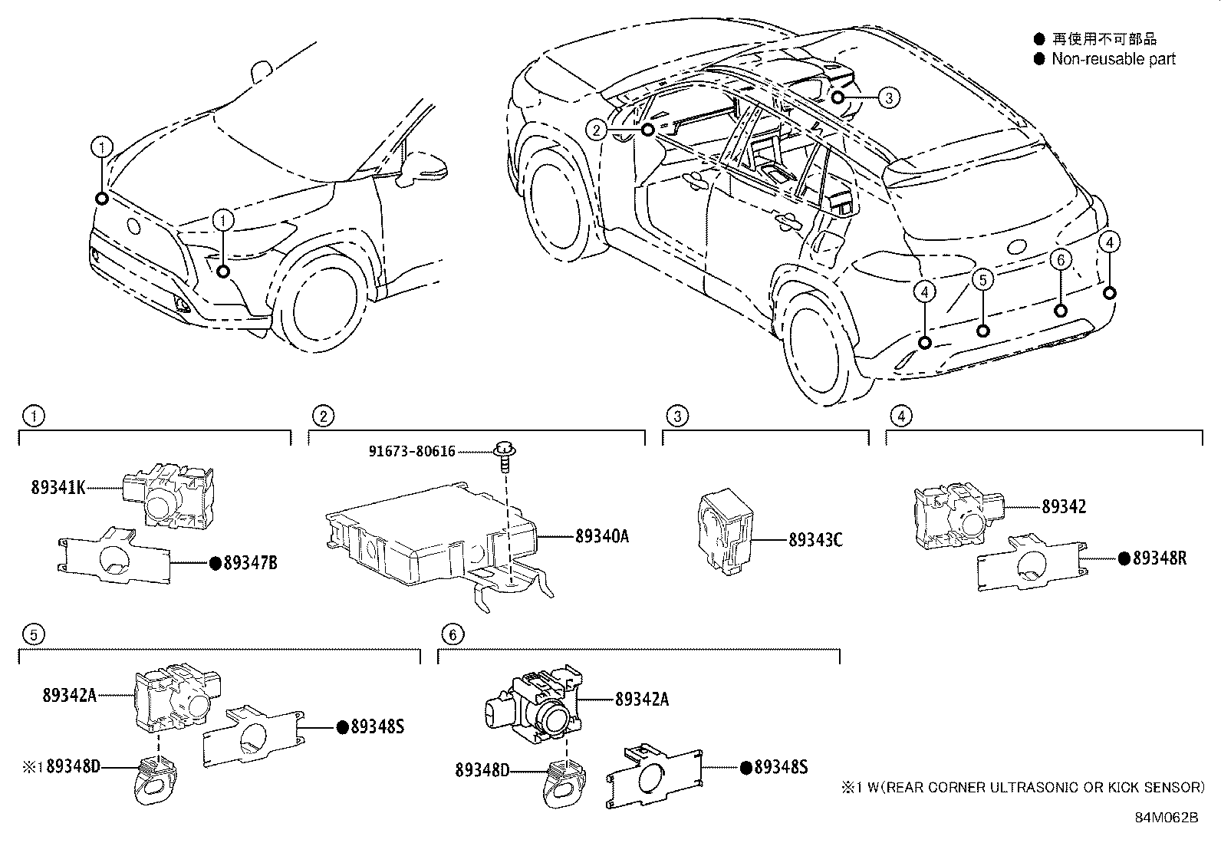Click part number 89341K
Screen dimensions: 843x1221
click(58, 486)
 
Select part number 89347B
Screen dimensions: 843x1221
click(250, 563)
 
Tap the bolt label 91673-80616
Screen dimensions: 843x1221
click(412, 452)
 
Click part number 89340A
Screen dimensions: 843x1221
click(602, 536)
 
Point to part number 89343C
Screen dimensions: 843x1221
click(815, 540)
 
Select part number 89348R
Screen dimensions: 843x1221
click(1159, 558)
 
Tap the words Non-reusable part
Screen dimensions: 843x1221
click(1113, 59)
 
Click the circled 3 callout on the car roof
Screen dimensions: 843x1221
click(888, 97)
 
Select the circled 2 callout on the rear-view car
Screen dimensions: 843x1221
click(597, 130)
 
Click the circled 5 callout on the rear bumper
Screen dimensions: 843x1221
click(983, 280)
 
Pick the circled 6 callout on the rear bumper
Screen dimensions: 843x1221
click(1061, 260)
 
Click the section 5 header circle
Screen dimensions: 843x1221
click(32, 634)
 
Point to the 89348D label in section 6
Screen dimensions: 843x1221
click(482, 769)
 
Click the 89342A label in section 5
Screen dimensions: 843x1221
click(69, 695)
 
